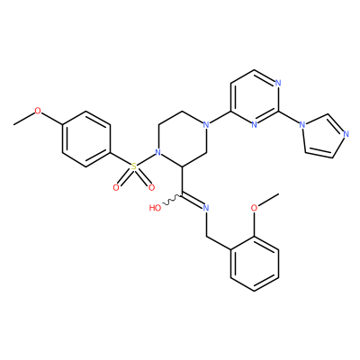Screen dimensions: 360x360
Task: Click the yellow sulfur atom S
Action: [134, 166]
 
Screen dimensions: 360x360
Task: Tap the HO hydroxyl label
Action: [155, 208]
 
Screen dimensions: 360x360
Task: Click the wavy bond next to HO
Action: [172, 200]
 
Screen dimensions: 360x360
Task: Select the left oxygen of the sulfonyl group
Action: [116, 188]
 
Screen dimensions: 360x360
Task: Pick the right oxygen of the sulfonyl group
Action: [152, 188]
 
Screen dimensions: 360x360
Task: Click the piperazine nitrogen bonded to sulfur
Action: [158, 153]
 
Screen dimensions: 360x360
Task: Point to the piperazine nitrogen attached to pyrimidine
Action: [205, 124]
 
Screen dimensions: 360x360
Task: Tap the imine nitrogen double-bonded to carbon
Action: [206, 208]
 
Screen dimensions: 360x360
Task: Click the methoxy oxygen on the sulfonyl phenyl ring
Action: [38, 111]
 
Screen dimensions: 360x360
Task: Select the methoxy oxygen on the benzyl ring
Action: [254, 208]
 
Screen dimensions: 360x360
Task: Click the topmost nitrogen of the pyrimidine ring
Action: [278, 83]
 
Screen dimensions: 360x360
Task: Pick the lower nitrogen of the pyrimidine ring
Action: [254, 124]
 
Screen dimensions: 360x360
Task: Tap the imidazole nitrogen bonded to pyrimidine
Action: [302, 124]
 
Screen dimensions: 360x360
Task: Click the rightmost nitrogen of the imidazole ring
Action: [346, 134]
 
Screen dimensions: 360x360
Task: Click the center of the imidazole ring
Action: [323, 137]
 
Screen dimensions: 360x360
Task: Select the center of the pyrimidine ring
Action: [254, 97]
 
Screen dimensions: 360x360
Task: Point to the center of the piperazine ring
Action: [182, 139]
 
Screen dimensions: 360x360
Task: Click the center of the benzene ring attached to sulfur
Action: [86, 139]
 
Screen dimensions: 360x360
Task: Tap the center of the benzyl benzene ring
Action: [255, 264]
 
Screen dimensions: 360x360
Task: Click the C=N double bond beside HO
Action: [193, 202]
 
